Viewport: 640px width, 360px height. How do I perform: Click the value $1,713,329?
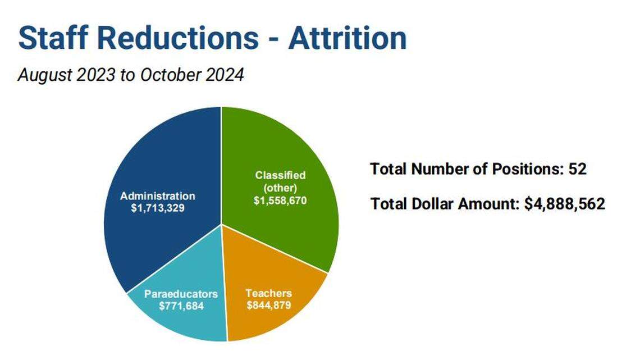[x=158, y=208]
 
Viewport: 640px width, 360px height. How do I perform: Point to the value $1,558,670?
[x=280, y=201]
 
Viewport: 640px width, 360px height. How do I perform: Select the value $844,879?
[x=268, y=306]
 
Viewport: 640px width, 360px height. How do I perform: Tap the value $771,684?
[x=181, y=306]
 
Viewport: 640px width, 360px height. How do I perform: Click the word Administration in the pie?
[x=158, y=196]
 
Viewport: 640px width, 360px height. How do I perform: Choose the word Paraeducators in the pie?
[x=181, y=294]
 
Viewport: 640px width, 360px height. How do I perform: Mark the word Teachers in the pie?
[x=268, y=293]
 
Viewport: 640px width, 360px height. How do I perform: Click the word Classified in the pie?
[x=280, y=175]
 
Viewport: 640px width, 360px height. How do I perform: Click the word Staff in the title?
[x=53, y=38]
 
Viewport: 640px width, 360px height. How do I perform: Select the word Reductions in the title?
[x=178, y=38]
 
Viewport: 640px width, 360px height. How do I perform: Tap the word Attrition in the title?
[x=348, y=38]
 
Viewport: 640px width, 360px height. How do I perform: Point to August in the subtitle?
[x=45, y=75]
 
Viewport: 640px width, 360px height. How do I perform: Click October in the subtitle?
[x=171, y=75]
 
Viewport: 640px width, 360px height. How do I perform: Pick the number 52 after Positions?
[x=578, y=169]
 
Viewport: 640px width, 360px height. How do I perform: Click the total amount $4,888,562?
[x=564, y=204]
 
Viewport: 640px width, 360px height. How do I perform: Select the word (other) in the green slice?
[x=280, y=188]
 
